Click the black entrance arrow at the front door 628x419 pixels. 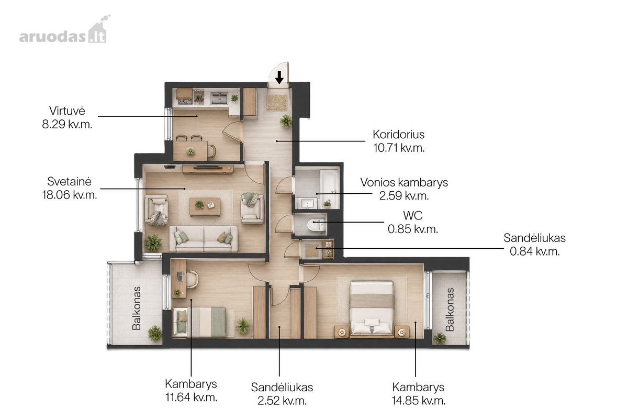[279, 77]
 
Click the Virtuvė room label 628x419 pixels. [67, 111]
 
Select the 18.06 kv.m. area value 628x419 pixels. [69, 194]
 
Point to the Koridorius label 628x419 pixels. [398, 135]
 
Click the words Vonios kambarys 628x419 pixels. [404, 182]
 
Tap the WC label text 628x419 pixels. [413, 216]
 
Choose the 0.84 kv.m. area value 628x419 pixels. [534, 251]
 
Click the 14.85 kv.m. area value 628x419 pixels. [418, 401]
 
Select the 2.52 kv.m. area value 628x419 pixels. [282, 401]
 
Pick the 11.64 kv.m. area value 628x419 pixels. [191, 397]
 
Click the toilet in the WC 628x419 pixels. [316, 225]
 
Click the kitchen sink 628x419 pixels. [219, 98]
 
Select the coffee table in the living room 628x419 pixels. [205, 207]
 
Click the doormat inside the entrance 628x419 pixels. [277, 103]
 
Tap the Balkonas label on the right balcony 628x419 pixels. [450, 310]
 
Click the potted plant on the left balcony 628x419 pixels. [155, 333]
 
